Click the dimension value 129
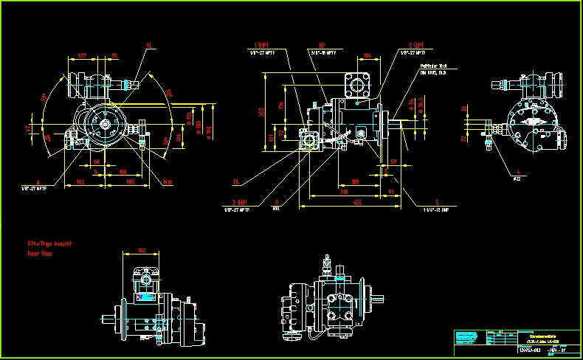click(x=82, y=55)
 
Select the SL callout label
click(x=150, y=46)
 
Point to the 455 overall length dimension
click(x=356, y=201)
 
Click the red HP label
click(x=322, y=45)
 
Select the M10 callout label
click(x=168, y=181)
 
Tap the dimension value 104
click(x=368, y=55)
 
